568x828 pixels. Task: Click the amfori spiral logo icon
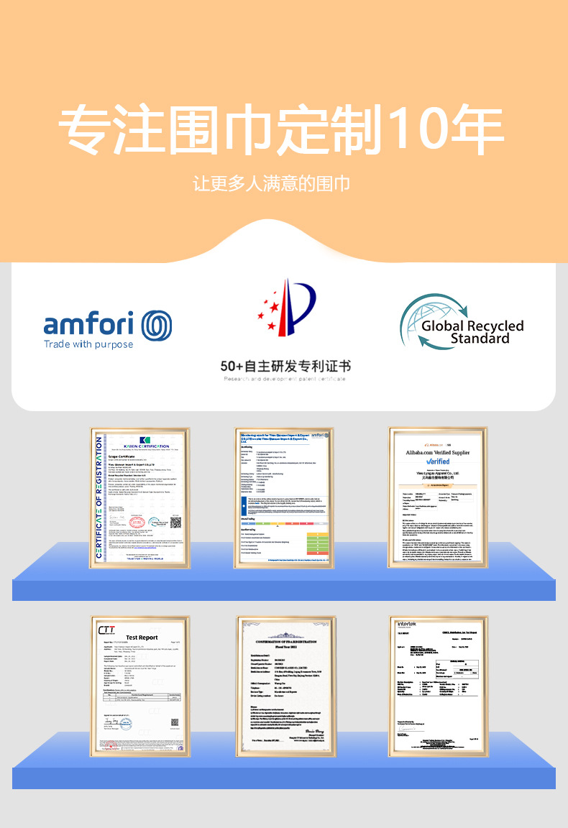click(x=156, y=326)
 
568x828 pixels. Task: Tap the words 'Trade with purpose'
click(x=88, y=344)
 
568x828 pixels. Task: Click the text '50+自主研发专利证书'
click(x=285, y=366)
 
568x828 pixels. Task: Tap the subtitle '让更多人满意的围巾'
click(x=272, y=184)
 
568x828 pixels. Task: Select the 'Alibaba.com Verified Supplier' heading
click(x=438, y=454)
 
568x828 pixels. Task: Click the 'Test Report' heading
click(x=142, y=638)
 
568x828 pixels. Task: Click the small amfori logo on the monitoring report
click(x=318, y=436)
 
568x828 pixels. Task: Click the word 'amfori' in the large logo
click(x=88, y=324)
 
